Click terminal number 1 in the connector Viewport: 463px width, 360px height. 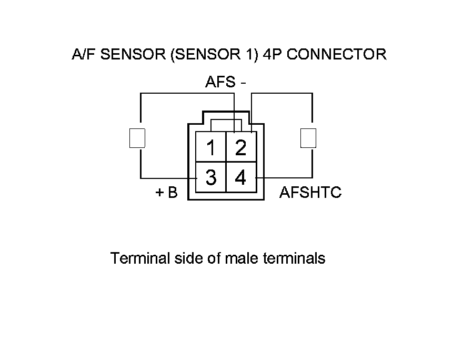click(x=211, y=147)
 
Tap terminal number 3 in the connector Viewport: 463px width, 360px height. click(x=211, y=177)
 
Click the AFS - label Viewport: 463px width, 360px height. click(x=225, y=82)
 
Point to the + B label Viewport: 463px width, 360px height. click(x=167, y=192)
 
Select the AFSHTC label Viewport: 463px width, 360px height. click(x=310, y=192)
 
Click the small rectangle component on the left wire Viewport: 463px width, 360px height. click(x=137, y=138)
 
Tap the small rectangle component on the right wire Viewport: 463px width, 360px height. click(x=308, y=138)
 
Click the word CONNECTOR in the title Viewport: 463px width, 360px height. click(x=336, y=54)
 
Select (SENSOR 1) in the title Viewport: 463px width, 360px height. click(x=215, y=55)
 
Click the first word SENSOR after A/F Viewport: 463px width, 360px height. click(x=133, y=54)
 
